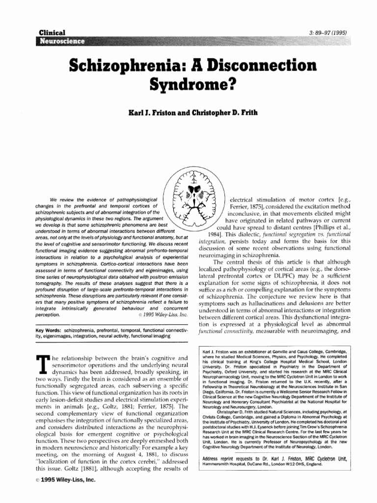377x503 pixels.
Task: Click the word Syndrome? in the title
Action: [188, 86]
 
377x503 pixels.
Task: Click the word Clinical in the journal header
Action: [52, 32]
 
